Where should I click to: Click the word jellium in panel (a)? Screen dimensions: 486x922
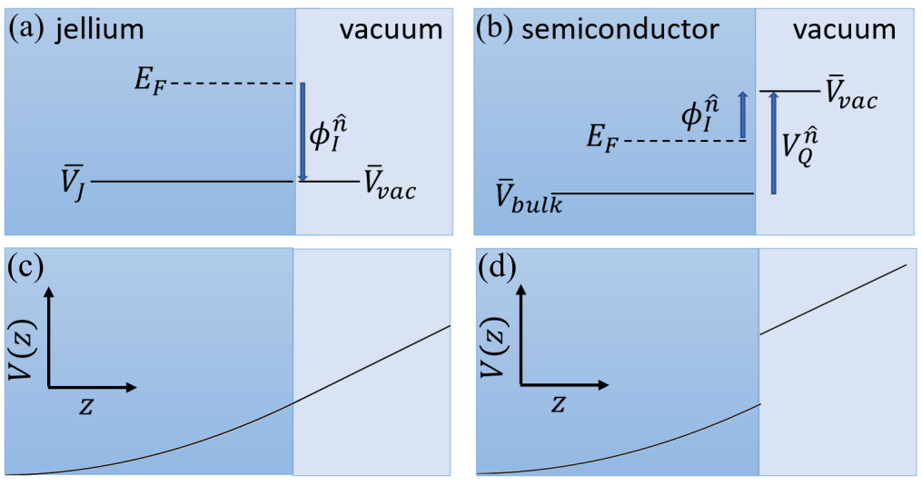tap(100, 30)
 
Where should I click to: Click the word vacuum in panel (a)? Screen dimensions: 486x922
tap(391, 30)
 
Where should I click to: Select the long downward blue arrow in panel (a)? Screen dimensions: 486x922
tap(302, 132)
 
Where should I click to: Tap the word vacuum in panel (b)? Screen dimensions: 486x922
tap(844, 30)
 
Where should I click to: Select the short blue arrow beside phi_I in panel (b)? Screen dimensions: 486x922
tap(742, 115)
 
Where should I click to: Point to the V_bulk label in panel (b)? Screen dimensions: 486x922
tap(528, 198)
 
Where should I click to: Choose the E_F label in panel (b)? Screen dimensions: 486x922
tap(604, 141)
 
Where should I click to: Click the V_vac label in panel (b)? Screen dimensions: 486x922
tap(850, 94)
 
